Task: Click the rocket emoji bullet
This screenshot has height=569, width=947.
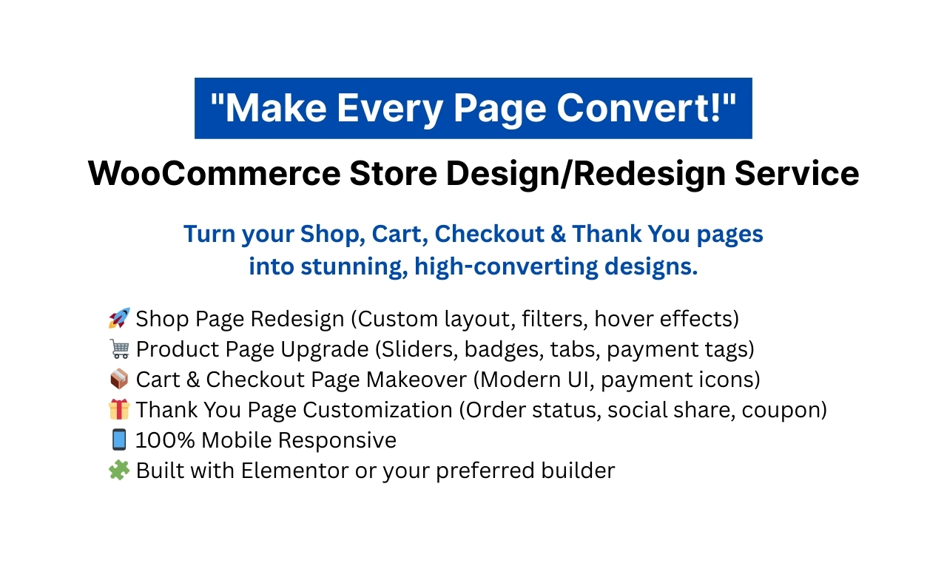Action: [119, 318]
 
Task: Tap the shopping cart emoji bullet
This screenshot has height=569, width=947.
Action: [119, 349]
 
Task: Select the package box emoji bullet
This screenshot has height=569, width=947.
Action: [119, 379]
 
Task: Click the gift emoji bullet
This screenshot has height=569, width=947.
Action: [119, 409]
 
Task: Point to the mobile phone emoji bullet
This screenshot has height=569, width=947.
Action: [119, 440]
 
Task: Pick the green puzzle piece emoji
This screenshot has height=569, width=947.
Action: [119, 470]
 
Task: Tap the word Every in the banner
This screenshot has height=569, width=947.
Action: [390, 109]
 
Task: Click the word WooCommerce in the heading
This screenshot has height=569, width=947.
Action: [215, 173]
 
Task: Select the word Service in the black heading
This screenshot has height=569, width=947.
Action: [797, 173]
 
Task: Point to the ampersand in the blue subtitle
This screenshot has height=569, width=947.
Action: [558, 234]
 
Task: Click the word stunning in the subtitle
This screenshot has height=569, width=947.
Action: [354, 267]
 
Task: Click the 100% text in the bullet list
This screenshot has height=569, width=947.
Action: [165, 440]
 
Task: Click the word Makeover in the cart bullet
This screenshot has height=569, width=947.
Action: [417, 380]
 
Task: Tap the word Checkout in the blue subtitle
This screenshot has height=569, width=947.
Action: [490, 234]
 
